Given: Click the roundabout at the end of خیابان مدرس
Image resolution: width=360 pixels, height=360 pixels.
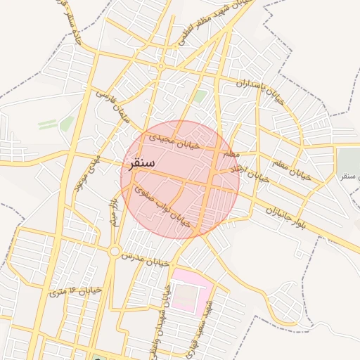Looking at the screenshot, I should point(114,251).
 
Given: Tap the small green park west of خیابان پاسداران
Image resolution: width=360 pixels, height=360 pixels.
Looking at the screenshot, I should point(200,96).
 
